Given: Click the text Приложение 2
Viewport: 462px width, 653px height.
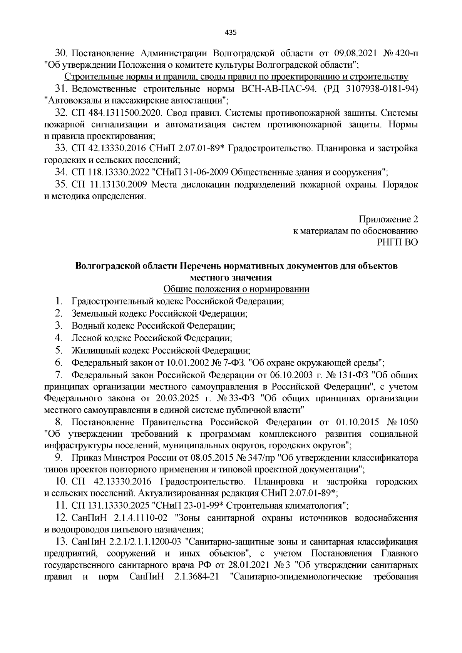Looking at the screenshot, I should (x=388, y=220).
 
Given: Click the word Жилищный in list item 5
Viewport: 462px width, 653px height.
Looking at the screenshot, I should (x=91, y=350).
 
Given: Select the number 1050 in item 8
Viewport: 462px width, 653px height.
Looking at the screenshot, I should (x=408, y=423).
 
